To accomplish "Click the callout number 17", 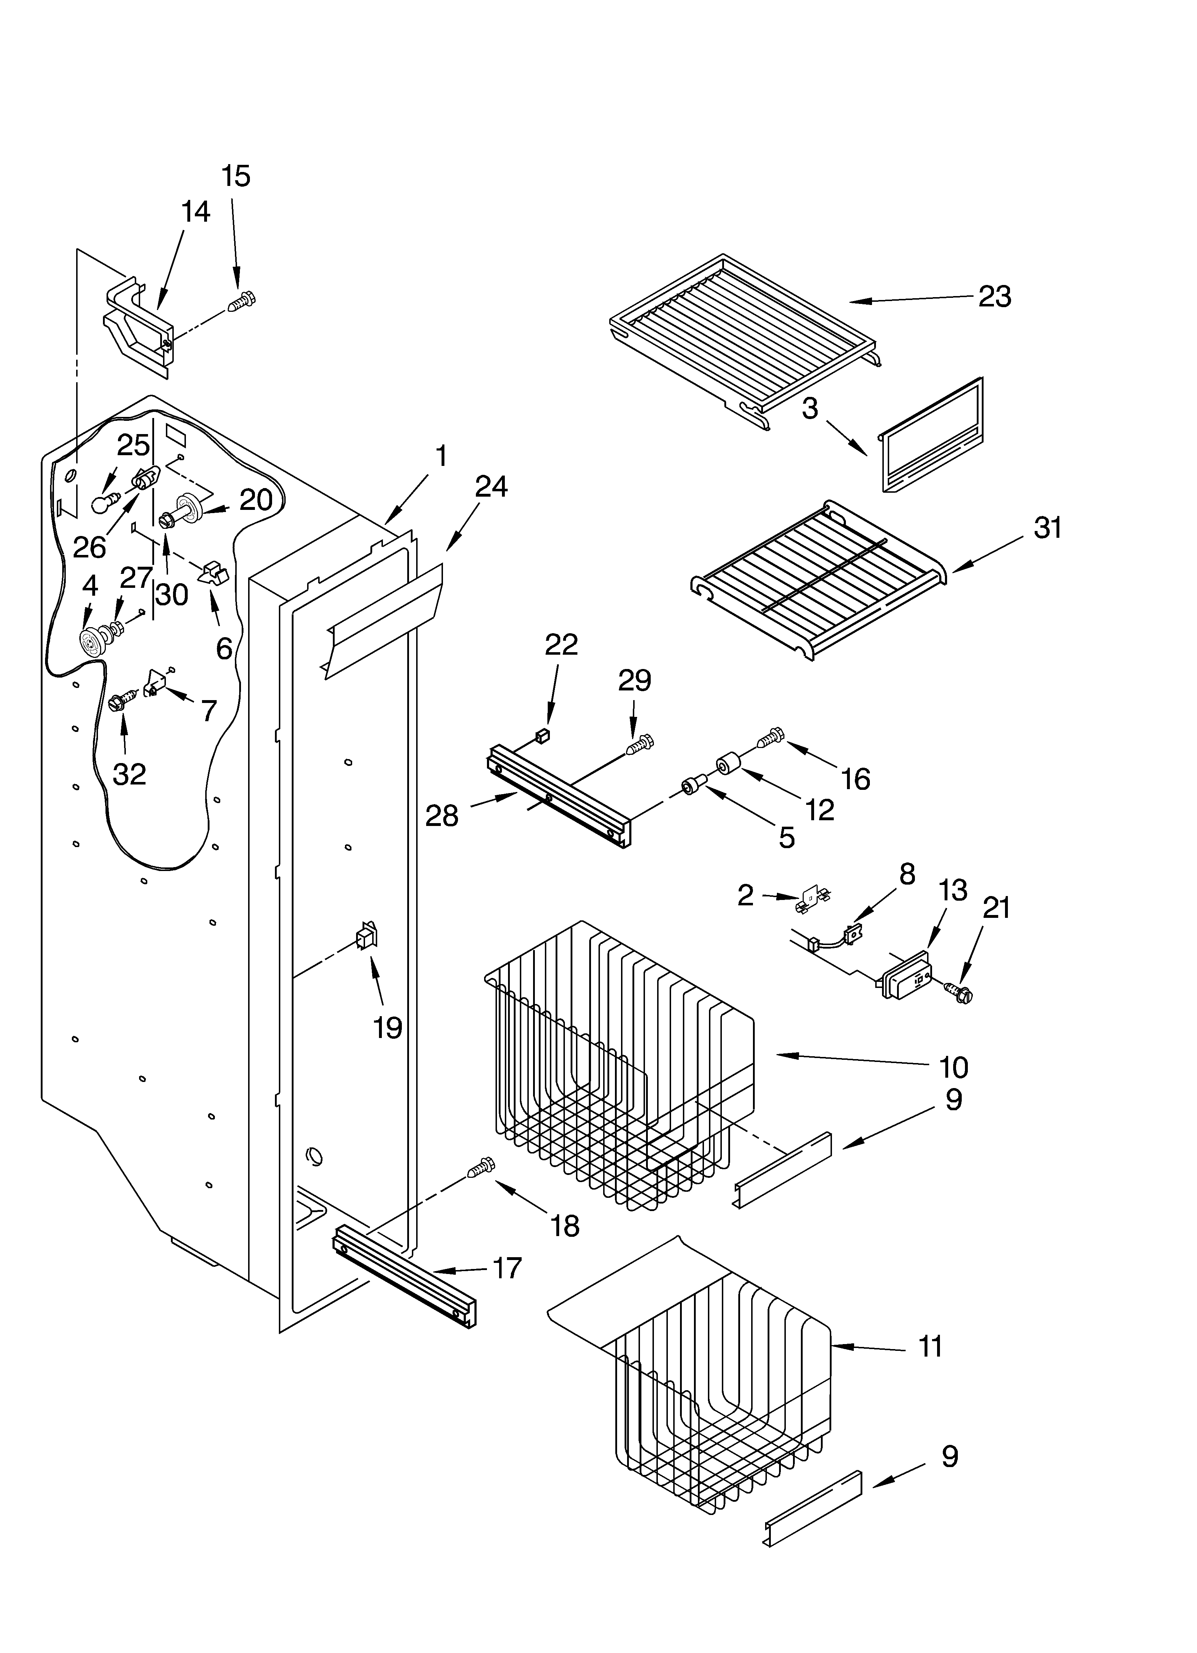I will (x=507, y=1268).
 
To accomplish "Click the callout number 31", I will (x=1048, y=528).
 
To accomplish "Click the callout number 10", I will (x=953, y=1068).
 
